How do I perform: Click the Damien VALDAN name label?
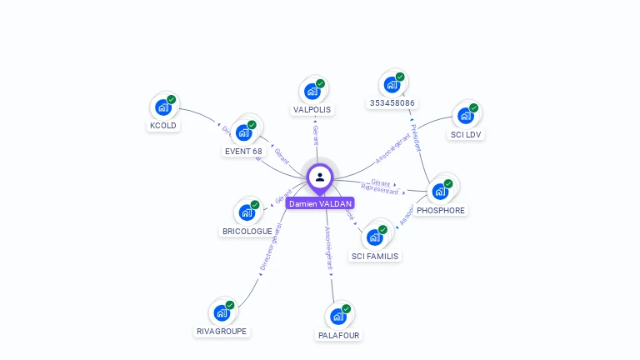coord(320,203)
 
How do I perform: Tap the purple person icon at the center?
coord(320,177)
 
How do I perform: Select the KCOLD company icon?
coord(163,107)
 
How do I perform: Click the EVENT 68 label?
coord(243,152)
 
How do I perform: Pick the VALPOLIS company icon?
coord(312,91)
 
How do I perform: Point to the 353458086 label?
coord(392,103)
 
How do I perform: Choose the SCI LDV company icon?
coord(465,116)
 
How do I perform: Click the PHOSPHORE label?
coord(441,211)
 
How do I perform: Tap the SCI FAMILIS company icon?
coord(375,237)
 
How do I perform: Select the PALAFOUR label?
coord(338,335)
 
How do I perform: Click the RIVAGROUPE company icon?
coord(222,312)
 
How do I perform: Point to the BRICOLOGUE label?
coord(247,231)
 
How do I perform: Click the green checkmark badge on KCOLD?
coord(172,99)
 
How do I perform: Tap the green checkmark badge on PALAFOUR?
coord(347,308)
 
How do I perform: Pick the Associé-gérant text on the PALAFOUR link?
coord(328,250)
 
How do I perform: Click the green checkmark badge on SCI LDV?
coord(473,107)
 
